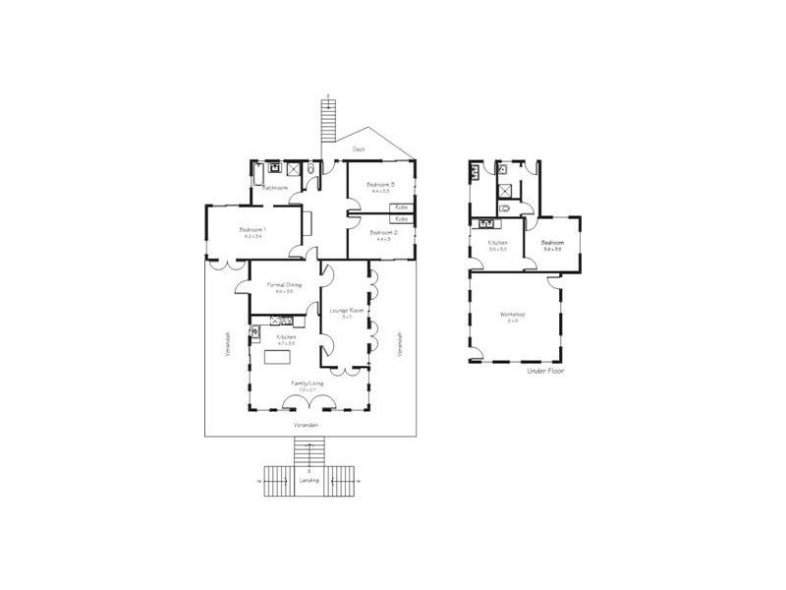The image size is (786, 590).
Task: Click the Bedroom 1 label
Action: (253, 230)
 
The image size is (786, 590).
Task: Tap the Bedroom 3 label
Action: (380, 185)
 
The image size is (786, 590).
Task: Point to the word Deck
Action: (360, 148)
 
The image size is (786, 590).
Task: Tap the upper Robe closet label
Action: (402, 207)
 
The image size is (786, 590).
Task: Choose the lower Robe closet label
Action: (402, 218)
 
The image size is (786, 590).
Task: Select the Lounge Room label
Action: (347, 311)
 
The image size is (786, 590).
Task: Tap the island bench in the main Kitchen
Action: (270, 357)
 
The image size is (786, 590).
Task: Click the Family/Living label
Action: (306, 383)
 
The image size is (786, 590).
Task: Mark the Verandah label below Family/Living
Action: (307, 424)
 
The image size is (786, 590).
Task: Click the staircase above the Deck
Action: (330, 119)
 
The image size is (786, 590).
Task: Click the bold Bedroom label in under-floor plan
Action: (551, 242)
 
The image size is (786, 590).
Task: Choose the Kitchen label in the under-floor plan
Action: (498, 242)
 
